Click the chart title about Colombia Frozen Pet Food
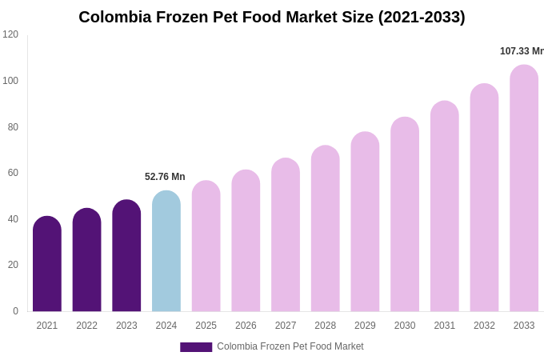click(271, 17)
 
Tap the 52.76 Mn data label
click(165, 177)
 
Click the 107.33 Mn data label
click(522, 51)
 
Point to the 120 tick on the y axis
click(10, 34)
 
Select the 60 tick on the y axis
click(13, 173)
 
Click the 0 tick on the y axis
click(15, 311)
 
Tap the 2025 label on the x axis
click(206, 326)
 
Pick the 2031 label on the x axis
click(444, 326)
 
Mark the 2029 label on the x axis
click(365, 326)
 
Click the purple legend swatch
click(196, 347)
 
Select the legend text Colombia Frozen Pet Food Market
click(290, 346)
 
